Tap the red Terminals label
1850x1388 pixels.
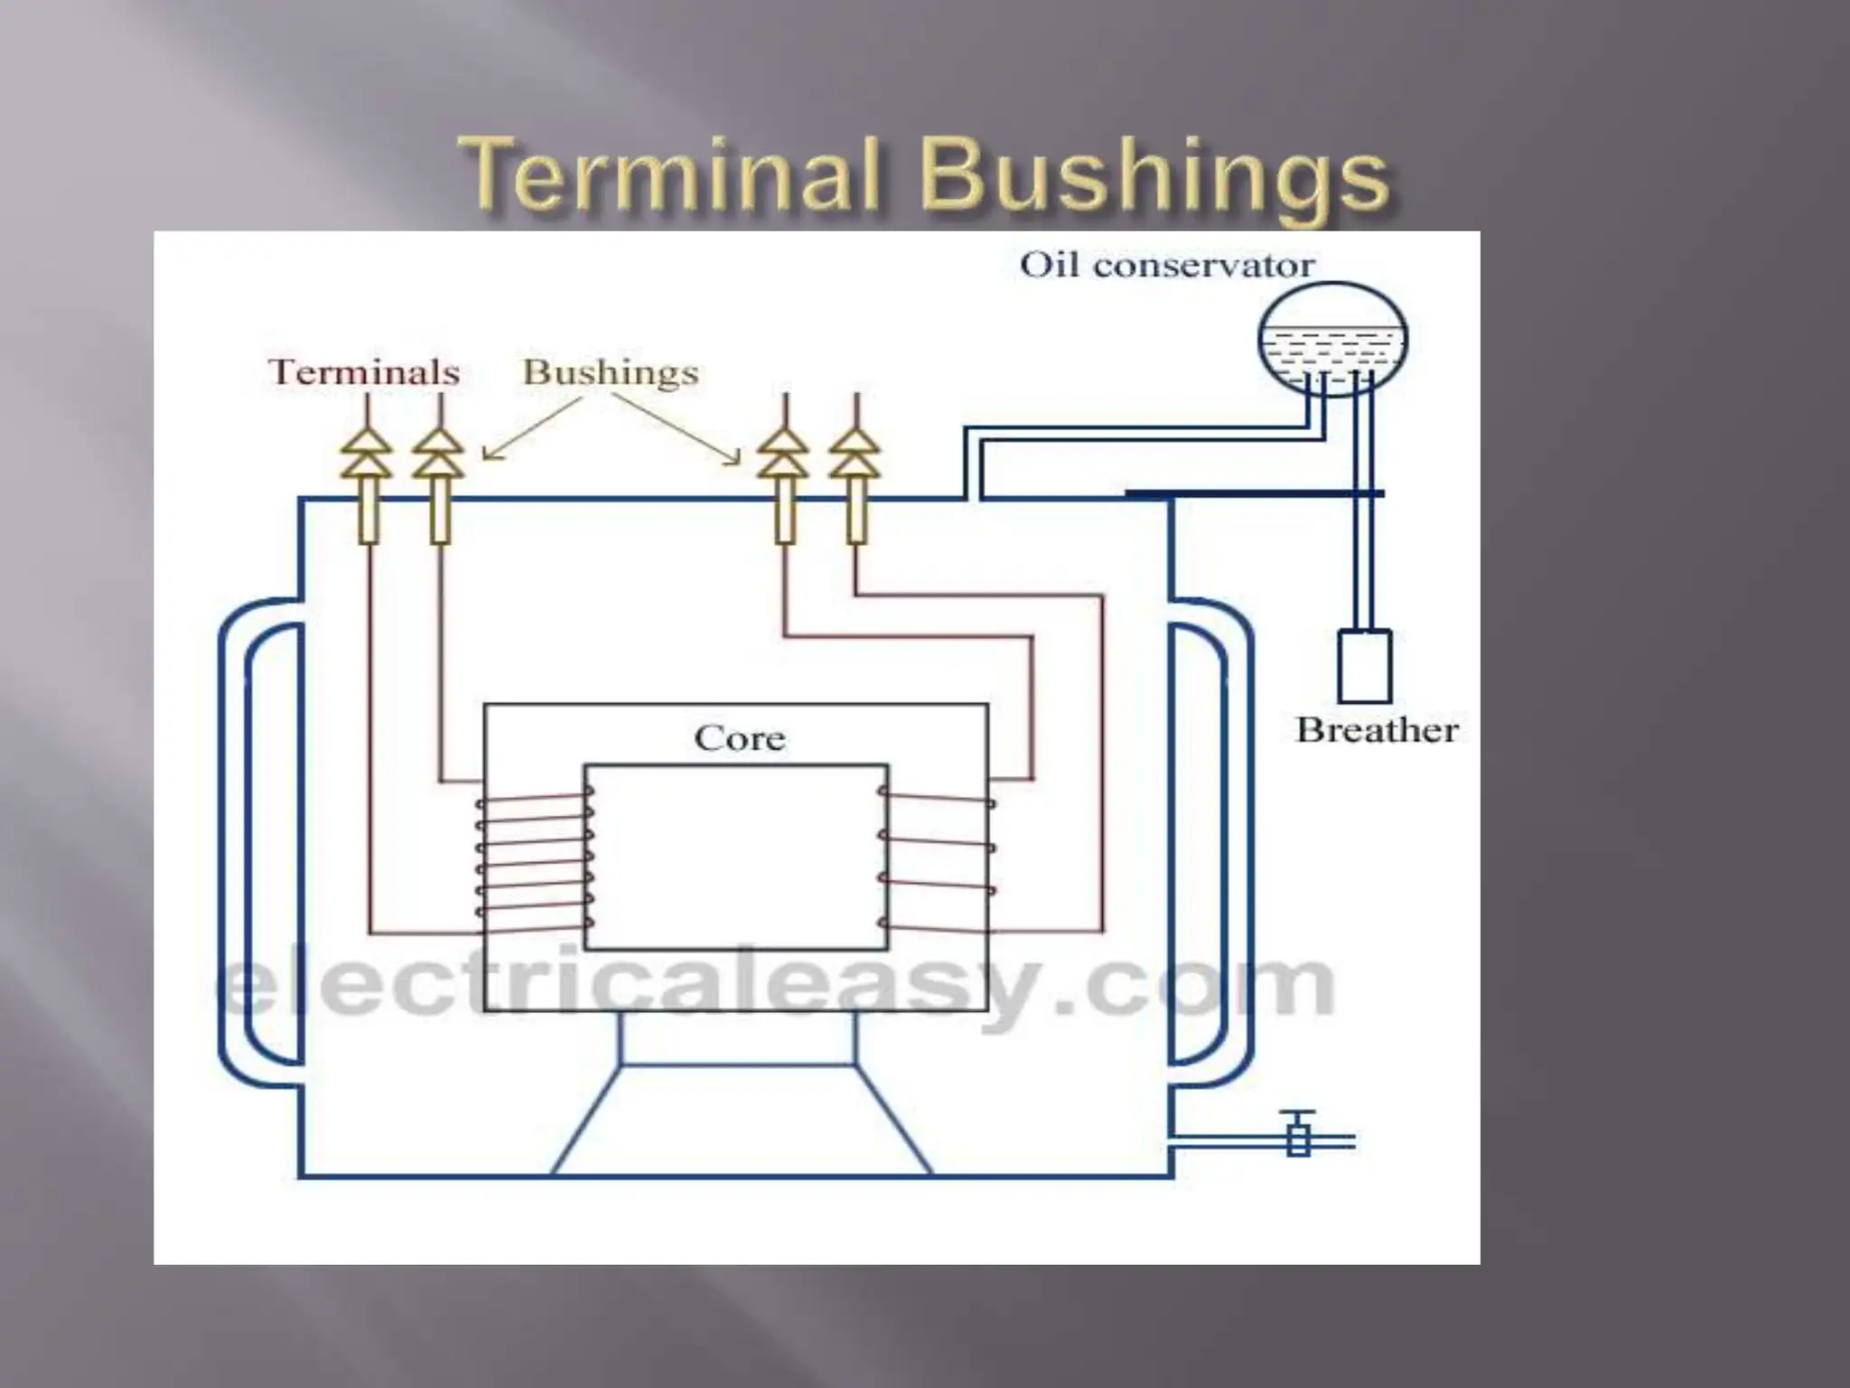click(364, 372)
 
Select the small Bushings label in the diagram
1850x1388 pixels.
click(611, 372)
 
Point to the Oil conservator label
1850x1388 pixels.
click(1166, 265)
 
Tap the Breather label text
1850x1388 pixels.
click(1377, 730)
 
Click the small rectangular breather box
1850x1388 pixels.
click(1364, 667)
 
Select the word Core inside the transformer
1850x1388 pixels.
click(740, 738)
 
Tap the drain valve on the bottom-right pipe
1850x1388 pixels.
click(1299, 1136)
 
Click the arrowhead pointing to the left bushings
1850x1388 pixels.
click(488, 455)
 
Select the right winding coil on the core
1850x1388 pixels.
click(938, 863)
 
